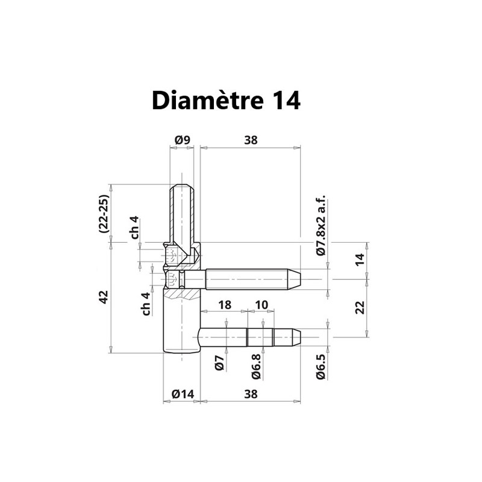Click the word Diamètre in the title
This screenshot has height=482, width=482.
click(x=208, y=100)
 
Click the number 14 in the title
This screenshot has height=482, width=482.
click(x=286, y=101)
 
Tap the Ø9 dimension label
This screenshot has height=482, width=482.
click(x=183, y=140)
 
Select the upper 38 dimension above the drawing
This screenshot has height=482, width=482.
click(x=251, y=140)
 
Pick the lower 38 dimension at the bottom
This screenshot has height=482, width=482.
click(x=251, y=394)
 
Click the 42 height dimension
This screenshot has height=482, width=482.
click(x=104, y=297)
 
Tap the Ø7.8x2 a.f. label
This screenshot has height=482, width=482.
click(x=321, y=225)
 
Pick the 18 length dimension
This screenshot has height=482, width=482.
click(x=225, y=305)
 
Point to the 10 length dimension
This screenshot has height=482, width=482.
click(x=261, y=305)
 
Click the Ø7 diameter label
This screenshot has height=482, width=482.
click(x=219, y=363)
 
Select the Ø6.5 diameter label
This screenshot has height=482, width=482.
click(x=321, y=367)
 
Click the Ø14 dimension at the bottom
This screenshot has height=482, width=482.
click(x=183, y=394)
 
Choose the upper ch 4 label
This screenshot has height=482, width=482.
click(x=135, y=228)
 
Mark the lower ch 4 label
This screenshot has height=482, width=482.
click(x=146, y=304)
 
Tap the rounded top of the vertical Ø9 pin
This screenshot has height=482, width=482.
click(x=182, y=186)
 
